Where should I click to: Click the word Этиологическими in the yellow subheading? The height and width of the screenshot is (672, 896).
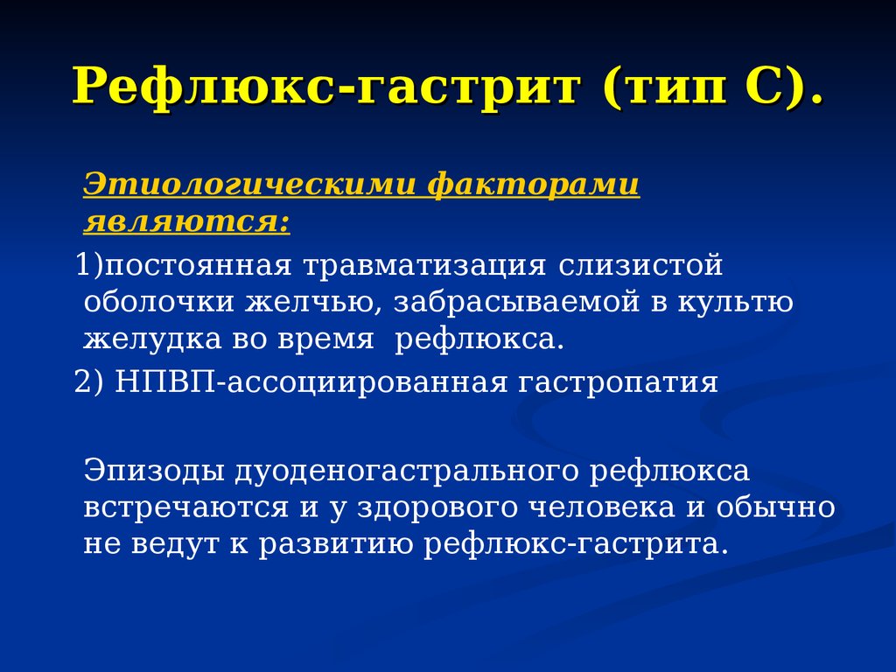coord(249,185)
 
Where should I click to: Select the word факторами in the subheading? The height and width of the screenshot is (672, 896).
coord(533,185)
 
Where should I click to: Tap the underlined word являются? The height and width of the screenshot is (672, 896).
coord(187,221)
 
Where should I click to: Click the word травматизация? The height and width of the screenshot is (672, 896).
coord(424,265)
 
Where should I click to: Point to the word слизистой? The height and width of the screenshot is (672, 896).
coord(640,265)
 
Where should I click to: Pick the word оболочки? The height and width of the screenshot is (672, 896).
coord(159,302)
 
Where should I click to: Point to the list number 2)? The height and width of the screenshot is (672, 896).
coord(89,381)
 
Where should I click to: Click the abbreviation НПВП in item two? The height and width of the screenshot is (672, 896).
coord(165,381)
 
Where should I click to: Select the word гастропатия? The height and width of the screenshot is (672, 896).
coord(618,382)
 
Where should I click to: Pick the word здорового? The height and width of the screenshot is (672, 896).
coord(437,508)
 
